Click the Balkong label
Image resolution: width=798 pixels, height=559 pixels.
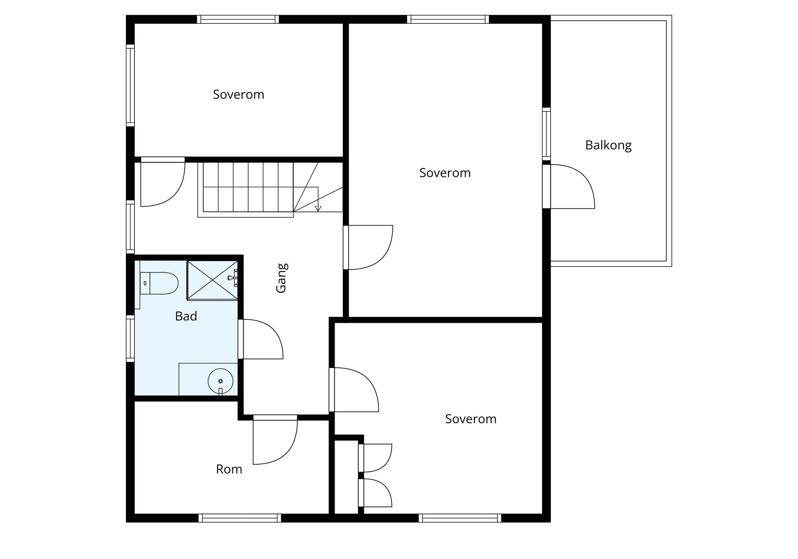[608, 145]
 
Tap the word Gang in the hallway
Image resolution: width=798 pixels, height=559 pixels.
[281, 278]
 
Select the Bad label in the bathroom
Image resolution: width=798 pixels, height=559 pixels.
[186, 316]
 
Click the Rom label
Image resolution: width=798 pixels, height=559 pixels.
[229, 469]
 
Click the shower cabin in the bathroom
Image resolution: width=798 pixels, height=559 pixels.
[212, 280]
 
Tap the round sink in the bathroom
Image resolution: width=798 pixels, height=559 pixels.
[221, 381]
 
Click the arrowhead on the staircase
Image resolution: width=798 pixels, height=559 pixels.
[318, 208]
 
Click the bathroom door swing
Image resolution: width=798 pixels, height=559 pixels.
[261, 339]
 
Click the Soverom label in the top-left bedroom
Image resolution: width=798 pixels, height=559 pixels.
[238, 95]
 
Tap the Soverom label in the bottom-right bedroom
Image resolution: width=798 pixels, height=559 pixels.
[471, 419]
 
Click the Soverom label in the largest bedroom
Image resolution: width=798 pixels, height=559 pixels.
[445, 173]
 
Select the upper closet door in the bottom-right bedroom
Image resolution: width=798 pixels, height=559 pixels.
[375, 458]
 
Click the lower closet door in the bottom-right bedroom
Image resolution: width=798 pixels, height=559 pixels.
[375, 493]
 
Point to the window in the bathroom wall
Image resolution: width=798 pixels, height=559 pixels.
[130, 339]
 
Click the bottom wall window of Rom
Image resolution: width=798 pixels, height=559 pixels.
[240, 518]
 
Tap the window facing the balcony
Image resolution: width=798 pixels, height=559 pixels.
[547, 134]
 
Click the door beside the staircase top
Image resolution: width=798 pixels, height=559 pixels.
[163, 182]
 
